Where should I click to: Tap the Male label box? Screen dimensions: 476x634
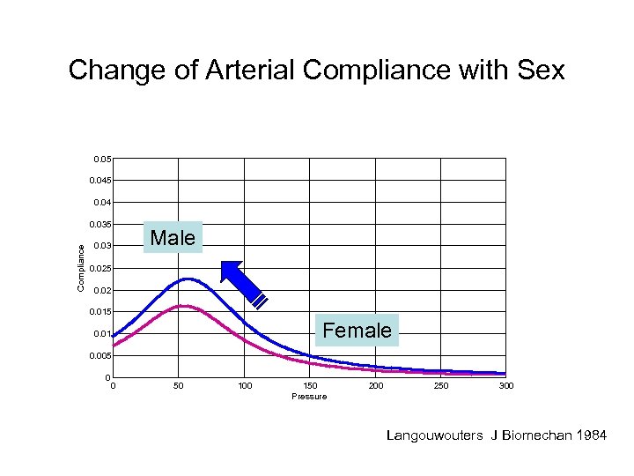pos(173,237)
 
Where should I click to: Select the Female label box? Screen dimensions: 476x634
pos(357,331)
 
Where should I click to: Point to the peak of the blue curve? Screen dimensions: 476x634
pos(188,279)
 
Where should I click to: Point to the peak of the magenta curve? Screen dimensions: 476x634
pos(185,306)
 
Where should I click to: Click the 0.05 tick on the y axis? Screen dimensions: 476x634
pos(101,160)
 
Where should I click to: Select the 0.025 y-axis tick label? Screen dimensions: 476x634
pos(100,268)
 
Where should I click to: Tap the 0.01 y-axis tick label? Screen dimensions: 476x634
pos(101,334)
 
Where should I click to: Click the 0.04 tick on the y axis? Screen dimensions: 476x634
pos(101,203)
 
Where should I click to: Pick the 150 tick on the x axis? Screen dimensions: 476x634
pos(310,386)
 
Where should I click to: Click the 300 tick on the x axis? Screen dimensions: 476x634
pos(505,386)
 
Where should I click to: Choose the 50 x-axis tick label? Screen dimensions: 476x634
pos(179,386)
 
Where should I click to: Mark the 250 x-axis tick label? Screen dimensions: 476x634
pos(440,386)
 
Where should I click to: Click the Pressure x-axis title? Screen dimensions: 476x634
pos(309,397)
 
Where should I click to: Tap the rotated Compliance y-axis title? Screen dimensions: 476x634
pos(80,268)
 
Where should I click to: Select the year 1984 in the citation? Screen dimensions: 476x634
pos(590,435)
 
